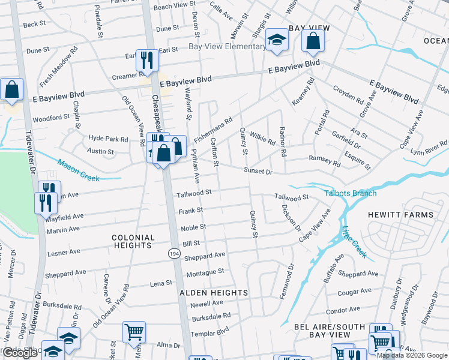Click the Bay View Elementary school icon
277,40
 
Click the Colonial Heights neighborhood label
132,241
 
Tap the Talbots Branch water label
351,193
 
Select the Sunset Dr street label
258,172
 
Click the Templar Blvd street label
210,331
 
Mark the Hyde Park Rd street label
109,139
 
